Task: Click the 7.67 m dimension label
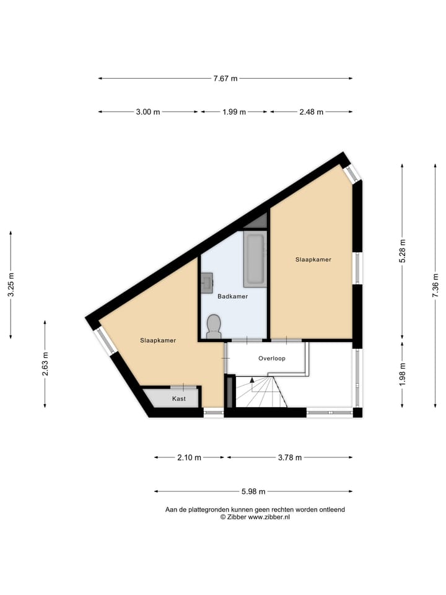[x=225, y=79]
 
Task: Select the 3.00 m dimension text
[x=148, y=112]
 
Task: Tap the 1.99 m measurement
[x=234, y=112]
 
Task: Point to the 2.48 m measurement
[x=312, y=112]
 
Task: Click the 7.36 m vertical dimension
[x=435, y=286]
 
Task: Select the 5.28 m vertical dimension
[x=403, y=251]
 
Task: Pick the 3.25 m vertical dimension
[x=11, y=285]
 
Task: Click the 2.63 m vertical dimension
[x=45, y=364]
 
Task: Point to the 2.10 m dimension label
[x=189, y=458]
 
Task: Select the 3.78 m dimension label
[x=289, y=458]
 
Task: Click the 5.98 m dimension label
[x=253, y=491]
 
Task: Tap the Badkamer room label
[x=232, y=297]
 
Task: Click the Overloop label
[x=271, y=358]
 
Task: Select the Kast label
[x=178, y=399]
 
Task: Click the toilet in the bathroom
[x=214, y=325]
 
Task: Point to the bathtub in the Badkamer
[x=255, y=259]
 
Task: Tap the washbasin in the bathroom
[x=207, y=283]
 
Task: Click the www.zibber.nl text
[x=269, y=517]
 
